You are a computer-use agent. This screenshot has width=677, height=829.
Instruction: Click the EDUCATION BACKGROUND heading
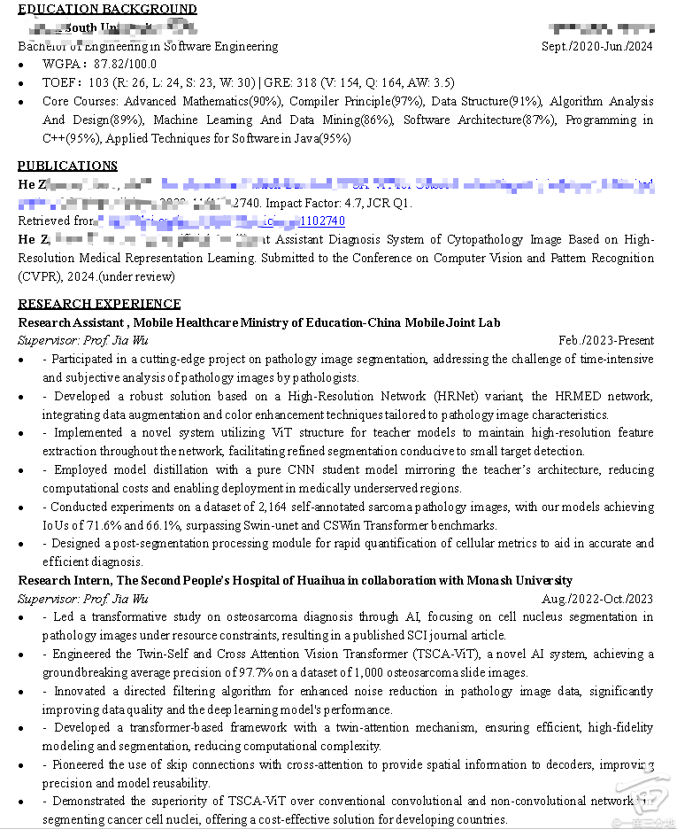pyautogui.click(x=107, y=9)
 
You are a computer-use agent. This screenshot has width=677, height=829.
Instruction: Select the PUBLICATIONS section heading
pyautogui.click(x=67, y=166)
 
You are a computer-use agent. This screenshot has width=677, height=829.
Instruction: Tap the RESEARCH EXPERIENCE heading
pyautogui.click(x=99, y=304)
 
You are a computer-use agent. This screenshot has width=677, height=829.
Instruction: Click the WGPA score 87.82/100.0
pyautogui.click(x=125, y=64)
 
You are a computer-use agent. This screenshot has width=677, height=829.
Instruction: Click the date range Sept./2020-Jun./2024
pyautogui.click(x=597, y=46)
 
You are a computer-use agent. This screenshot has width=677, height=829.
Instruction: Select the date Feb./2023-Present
pyautogui.click(x=606, y=340)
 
